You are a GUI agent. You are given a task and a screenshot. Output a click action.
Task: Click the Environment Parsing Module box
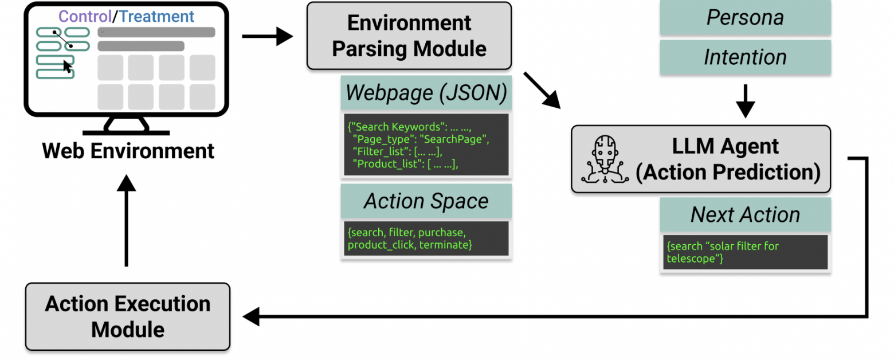[x=409, y=36]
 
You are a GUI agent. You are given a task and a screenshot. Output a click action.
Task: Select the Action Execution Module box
[x=127, y=316]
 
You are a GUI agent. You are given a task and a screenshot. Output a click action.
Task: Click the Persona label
[x=744, y=17]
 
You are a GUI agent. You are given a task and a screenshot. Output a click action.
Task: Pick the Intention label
[x=744, y=57]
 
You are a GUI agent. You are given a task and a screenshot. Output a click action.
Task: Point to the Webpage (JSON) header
[x=426, y=93]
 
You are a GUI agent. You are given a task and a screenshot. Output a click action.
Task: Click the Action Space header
[x=426, y=201]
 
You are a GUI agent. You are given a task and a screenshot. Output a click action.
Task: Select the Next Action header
[x=744, y=214]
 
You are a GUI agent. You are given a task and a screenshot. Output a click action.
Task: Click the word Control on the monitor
[x=84, y=16]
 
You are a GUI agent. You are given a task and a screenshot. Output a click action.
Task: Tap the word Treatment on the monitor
[x=156, y=16]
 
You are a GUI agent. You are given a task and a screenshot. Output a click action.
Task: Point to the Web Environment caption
[x=128, y=151]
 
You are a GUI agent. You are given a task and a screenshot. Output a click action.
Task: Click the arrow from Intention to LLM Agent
[x=745, y=100]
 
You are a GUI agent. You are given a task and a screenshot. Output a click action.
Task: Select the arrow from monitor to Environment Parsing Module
[x=267, y=37]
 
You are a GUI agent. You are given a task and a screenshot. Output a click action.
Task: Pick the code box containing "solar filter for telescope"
[x=744, y=252]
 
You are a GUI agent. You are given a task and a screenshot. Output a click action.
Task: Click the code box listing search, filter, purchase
[x=426, y=238]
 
